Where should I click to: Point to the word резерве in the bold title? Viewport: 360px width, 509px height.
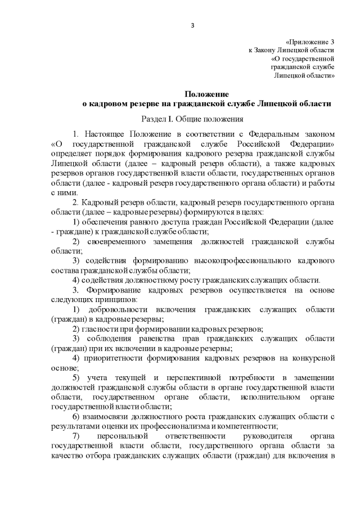pos(152,103)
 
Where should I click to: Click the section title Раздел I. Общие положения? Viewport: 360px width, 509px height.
pos(192,119)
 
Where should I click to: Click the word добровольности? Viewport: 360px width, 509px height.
pos(120,309)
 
